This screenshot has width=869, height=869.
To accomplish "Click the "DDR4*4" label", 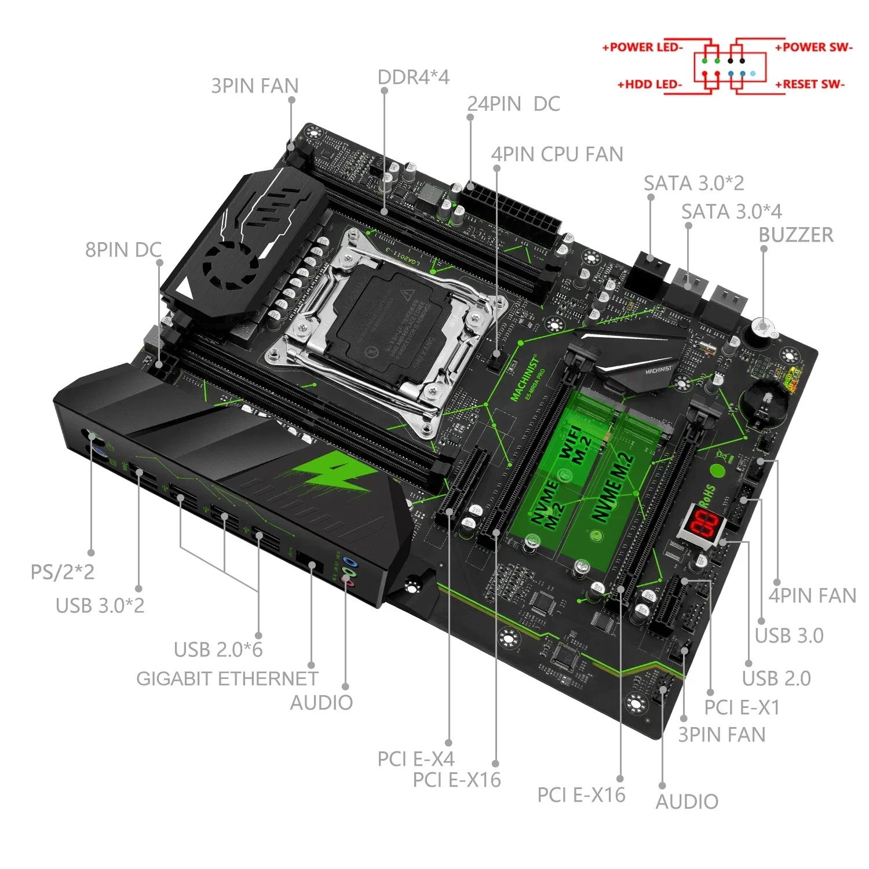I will (x=413, y=77).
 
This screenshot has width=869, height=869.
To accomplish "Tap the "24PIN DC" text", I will (x=513, y=104).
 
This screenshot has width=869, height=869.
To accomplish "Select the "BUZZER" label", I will (x=795, y=235).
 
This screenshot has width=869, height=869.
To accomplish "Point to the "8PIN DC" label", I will (x=123, y=250).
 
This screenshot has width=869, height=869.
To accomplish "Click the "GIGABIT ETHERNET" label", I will (x=227, y=678).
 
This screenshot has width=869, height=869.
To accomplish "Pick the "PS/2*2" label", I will (x=62, y=572).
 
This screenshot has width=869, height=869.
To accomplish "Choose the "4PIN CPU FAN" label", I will (x=557, y=154).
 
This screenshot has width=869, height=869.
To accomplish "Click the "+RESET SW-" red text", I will (x=810, y=85).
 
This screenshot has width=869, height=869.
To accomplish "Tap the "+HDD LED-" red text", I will (x=649, y=85).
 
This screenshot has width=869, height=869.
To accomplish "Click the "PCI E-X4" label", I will (x=415, y=758).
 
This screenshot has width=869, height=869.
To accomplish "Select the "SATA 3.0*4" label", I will (x=731, y=211).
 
